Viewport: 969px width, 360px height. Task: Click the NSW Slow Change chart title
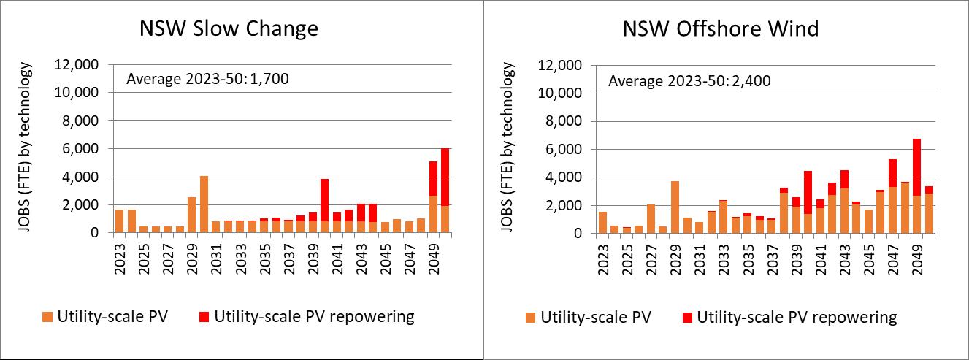point(229,28)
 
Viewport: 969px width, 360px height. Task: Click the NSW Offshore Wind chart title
point(721,28)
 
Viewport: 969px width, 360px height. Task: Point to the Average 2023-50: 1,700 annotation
point(207,79)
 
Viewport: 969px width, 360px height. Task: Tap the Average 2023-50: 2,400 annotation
point(689,81)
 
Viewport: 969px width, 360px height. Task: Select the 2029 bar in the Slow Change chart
point(191,215)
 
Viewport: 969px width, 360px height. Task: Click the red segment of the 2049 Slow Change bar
point(433,179)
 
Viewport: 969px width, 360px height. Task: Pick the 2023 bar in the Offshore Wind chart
point(602,223)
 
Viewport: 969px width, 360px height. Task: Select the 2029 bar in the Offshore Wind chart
point(675,207)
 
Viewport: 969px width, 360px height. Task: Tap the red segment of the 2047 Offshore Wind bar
point(892,173)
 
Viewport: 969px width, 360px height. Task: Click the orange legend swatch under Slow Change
point(47,317)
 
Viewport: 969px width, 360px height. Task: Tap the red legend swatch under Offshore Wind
point(687,318)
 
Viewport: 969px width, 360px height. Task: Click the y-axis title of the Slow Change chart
point(25,147)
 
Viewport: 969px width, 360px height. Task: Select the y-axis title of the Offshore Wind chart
point(508,147)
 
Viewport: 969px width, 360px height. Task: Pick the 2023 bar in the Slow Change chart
point(120,221)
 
